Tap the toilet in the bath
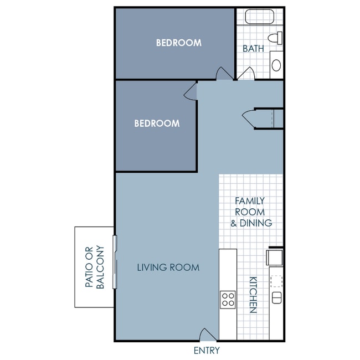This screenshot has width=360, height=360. [x=275, y=38]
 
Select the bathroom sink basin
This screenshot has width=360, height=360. [x=276, y=65]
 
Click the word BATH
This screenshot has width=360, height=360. [x=253, y=49]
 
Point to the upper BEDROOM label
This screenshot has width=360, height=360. [x=178, y=43]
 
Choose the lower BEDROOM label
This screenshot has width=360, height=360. [x=157, y=124]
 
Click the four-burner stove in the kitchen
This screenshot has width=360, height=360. [x=228, y=300]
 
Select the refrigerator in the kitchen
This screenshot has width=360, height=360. [x=275, y=258]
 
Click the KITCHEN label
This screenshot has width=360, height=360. [x=253, y=295]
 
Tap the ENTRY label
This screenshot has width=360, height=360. [x=207, y=351]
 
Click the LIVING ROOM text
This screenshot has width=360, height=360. [x=168, y=268]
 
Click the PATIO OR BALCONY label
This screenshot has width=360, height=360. [x=95, y=267]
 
